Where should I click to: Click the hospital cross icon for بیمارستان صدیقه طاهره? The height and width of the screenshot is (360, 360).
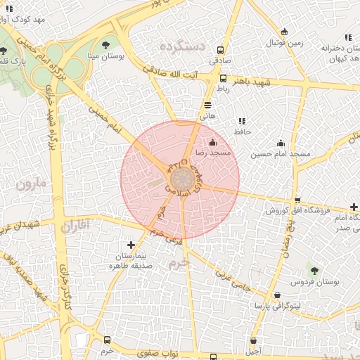point(131,244)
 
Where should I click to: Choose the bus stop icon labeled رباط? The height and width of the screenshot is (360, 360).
point(223,78)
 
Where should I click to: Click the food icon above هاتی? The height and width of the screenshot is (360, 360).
point(207,104)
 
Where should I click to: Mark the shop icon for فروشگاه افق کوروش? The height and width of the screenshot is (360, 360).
point(297,200)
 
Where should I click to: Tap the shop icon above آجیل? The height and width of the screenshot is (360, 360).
point(255,339)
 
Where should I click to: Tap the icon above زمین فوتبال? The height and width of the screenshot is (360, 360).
point(284,32)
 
